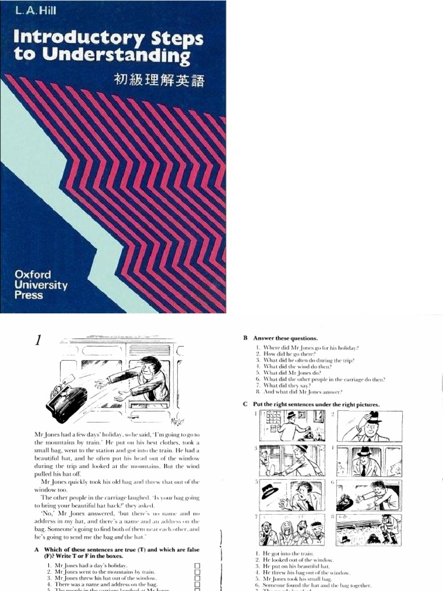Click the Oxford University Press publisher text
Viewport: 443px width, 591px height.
click(x=41, y=285)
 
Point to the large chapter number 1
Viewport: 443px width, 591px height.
click(x=38, y=341)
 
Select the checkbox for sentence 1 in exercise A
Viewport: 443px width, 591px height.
click(x=198, y=566)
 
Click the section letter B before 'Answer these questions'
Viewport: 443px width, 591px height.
click(x=245, y=338)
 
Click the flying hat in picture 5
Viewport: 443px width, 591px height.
click(x=269, y=491)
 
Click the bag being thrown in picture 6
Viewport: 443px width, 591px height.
click(x=345, y=501)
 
